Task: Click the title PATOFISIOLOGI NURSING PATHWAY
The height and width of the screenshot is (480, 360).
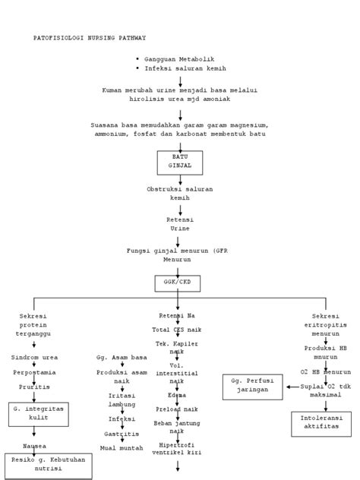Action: pos(90,37)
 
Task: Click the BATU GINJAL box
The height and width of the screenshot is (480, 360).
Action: pos(179,161)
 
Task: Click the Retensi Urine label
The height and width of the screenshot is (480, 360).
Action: pos(179,223)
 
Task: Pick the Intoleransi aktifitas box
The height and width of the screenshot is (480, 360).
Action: pos(321,422)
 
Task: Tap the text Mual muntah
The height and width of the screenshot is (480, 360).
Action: pos(122,449)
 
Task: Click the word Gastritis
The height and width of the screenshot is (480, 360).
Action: pos(121,434)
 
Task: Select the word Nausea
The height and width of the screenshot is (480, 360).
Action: pos(33,446)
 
